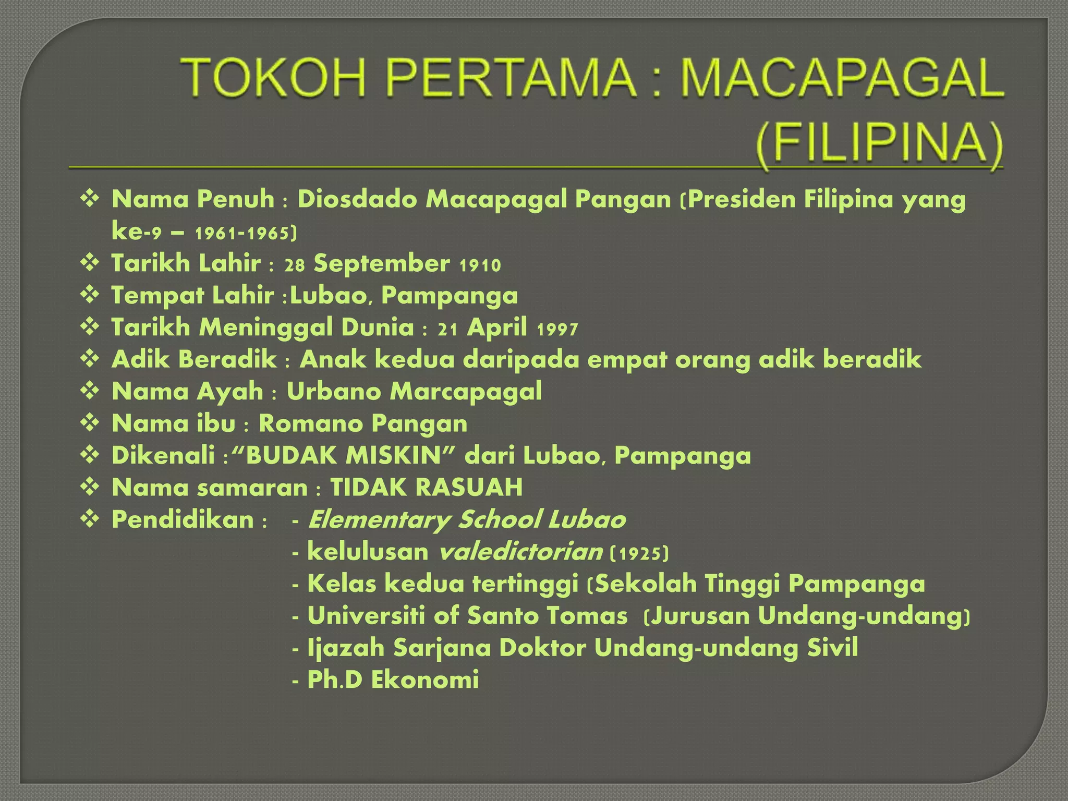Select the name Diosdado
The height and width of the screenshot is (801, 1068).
357,200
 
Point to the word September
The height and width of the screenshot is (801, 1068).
381,264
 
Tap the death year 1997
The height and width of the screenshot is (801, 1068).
557,330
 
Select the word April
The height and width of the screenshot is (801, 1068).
497,329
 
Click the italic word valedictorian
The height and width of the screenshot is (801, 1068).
520,552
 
